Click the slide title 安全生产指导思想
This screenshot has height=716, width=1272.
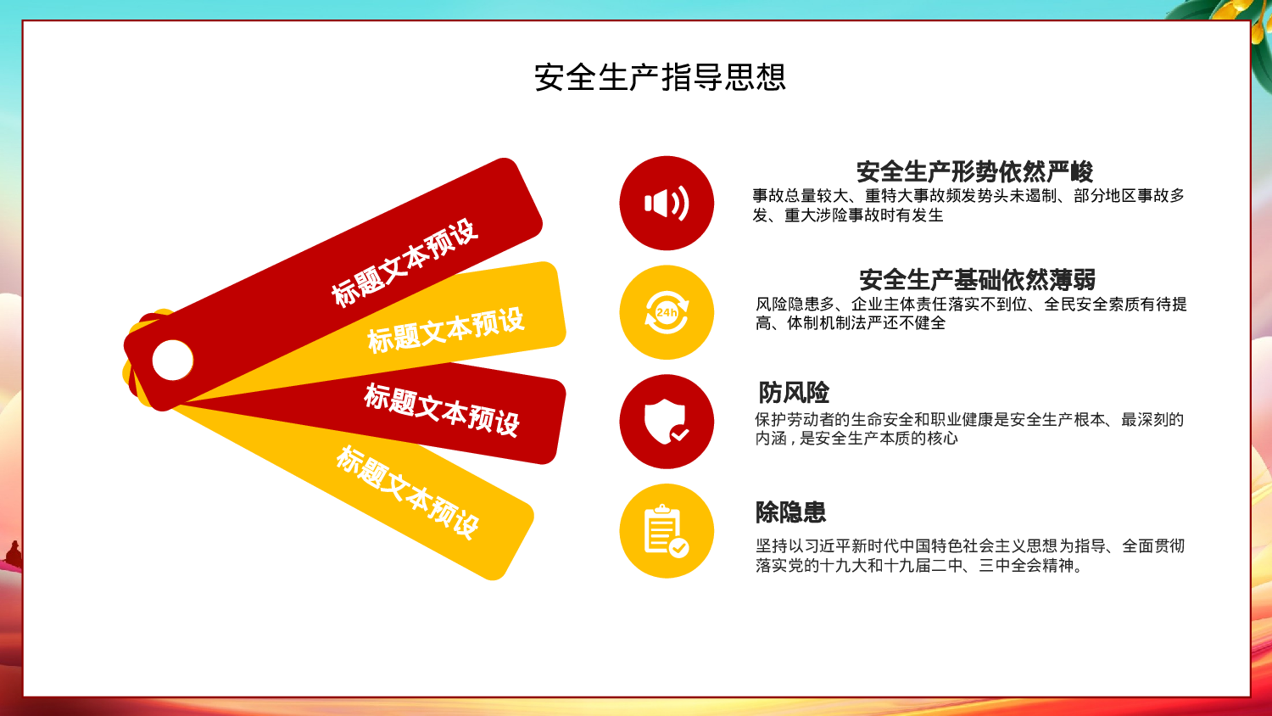[x=660, y=78]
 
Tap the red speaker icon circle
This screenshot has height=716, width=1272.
[x=667, y=204]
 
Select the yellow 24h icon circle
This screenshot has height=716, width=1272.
[x=667, y=312]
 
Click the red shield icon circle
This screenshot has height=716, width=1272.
[x=667, y=422]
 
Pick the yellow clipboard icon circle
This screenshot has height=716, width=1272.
[x=667, y=531]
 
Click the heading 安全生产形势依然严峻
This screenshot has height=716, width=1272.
[x=974, y=171]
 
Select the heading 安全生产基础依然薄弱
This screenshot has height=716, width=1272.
[x=977, y=279]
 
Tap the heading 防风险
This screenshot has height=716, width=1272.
[x=794, y=393]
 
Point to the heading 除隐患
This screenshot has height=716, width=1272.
[x=790, y=512]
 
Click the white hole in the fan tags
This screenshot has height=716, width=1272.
[x=173, y=360]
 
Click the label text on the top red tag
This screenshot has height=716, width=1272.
[x=404, y=263]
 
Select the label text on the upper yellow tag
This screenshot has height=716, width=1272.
[x=446, y=330]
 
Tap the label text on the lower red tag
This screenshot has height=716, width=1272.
[x=442, y=409]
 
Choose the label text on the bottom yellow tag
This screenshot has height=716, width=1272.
[x=408, y=492]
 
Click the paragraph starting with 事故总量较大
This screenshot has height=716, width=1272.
[x=968, y=205]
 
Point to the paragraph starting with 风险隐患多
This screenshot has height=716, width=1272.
[x=971, y=313]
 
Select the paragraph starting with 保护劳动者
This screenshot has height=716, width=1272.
[x=969, y=428]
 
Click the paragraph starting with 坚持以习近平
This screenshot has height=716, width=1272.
[x=970, y=556]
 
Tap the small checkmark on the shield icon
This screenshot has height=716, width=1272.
[x=679, y=434]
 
